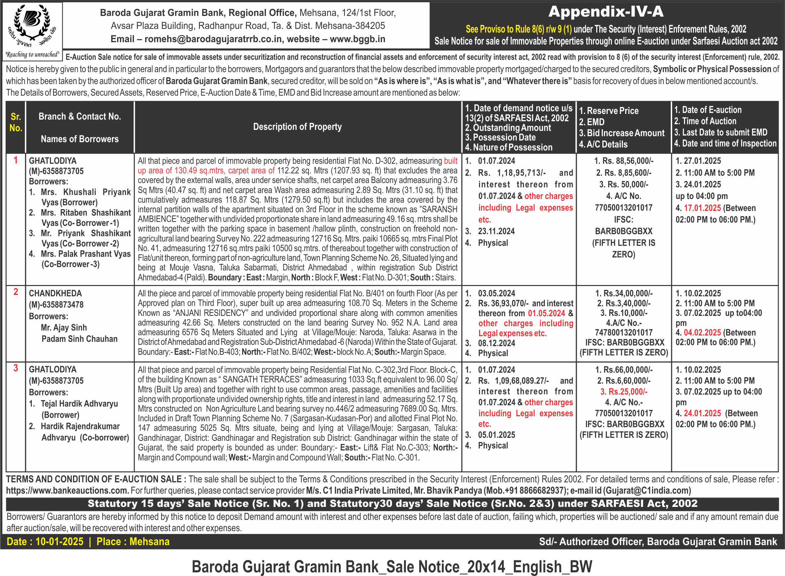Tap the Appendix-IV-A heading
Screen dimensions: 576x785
606,12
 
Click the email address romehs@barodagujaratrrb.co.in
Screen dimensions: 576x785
213,39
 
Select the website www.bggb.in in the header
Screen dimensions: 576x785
357,39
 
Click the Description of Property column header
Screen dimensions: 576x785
297,127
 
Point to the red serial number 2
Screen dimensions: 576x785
16,291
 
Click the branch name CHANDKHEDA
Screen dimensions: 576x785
55,294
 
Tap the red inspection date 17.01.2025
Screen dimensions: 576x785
702,208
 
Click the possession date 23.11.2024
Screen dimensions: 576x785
496,232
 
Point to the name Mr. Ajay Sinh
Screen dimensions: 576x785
64,328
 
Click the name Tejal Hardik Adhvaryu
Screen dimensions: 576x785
79,404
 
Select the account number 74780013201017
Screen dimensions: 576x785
624,333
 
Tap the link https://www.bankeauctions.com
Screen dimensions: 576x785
67,491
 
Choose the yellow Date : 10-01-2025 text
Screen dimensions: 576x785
45,541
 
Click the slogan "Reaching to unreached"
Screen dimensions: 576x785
32,54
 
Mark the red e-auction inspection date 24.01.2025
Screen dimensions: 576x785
702,414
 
